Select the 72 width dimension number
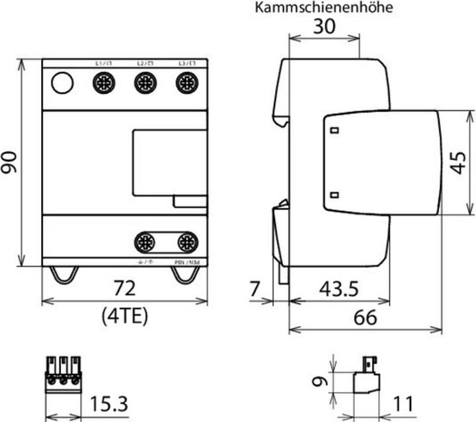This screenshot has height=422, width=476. point(124,288)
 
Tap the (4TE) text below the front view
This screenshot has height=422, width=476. point(125,316)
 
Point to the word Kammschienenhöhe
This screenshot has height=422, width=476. point(324,8)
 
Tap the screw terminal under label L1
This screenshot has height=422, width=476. point(103,83)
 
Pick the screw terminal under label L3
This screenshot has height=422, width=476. point(186,83)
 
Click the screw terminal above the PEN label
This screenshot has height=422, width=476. point(187,241)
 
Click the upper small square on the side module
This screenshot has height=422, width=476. point(335,130)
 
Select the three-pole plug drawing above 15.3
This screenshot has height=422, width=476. point(64,373)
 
